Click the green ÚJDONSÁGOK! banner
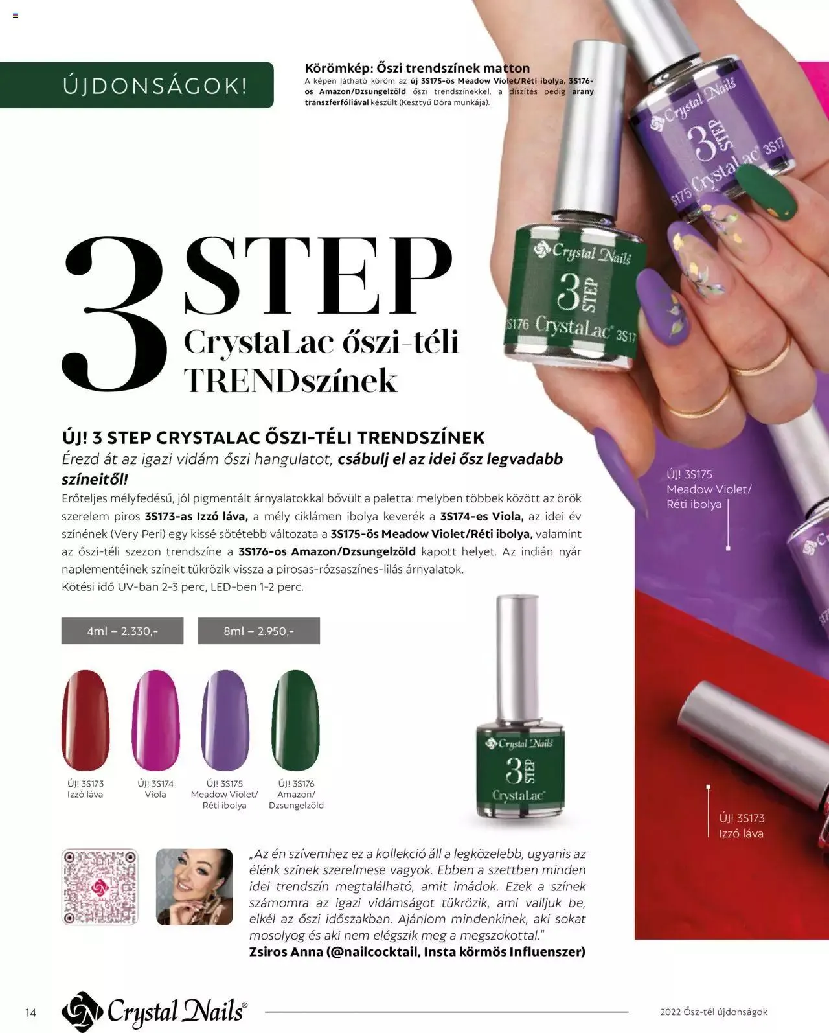[137, 85]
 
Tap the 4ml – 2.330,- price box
[122, 631]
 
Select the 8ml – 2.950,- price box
[258, 631]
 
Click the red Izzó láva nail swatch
[85, 720]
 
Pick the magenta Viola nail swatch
[155, 720]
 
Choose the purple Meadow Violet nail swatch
[225, 720]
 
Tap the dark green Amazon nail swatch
[295, 720]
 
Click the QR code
[100, 887]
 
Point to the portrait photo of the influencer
[194, 887]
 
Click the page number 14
[30, 1013]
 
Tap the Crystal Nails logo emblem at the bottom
[82, 1012]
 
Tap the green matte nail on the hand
[766, 192]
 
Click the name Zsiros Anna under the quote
[286, 951]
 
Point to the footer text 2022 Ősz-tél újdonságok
[714, 1012]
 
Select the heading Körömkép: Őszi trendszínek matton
[417, 67]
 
